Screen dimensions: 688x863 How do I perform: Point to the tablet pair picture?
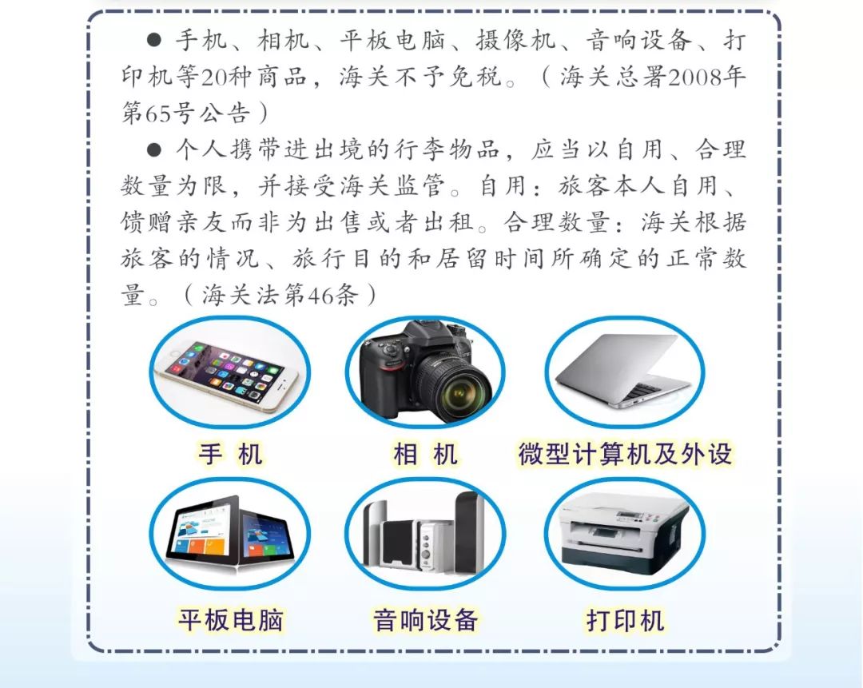pos(230,531)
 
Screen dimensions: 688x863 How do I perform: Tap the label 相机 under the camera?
pos(425,455)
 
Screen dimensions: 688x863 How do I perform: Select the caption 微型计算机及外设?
pos(624,455)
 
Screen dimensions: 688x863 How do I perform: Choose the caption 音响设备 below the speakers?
pos(425,619)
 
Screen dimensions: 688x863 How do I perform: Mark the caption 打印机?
pos(624,619)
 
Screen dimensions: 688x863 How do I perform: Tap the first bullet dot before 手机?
pos(155,41)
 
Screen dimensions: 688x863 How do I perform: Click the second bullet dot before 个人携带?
pos(155,149)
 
